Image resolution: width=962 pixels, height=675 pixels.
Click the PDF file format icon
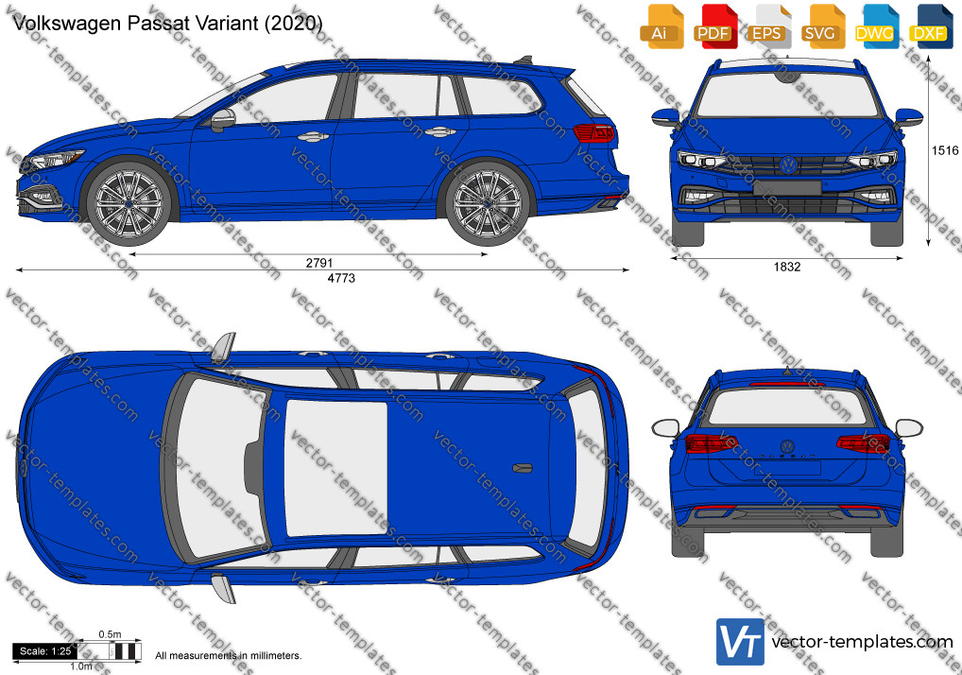(713, 26)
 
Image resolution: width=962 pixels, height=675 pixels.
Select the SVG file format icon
(821, 26)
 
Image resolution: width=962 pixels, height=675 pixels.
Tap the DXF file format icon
(930, 26)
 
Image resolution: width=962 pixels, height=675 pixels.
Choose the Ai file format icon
(660, 26)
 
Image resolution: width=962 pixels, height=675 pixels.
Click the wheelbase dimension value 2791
(319, 263)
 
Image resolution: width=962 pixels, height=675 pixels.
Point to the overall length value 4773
(341, 278)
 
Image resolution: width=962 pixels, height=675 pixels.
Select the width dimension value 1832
(787, 267)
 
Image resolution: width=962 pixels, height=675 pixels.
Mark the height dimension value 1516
(945, 150)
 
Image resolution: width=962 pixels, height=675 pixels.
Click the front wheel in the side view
(129, 202)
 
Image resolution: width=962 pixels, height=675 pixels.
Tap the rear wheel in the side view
(487, 202)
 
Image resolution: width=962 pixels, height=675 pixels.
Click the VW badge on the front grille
(788, 164)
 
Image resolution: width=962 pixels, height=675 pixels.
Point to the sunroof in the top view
(336, 468)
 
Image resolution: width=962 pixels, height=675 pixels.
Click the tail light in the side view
(593, 132)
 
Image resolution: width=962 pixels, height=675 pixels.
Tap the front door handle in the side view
(314, 137)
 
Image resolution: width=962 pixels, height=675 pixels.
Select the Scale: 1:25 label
(45, 651)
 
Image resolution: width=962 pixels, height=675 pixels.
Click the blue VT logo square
(741, 642)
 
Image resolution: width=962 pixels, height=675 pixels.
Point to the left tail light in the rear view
(711, 442)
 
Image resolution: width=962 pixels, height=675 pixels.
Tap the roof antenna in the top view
(522, 468)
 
